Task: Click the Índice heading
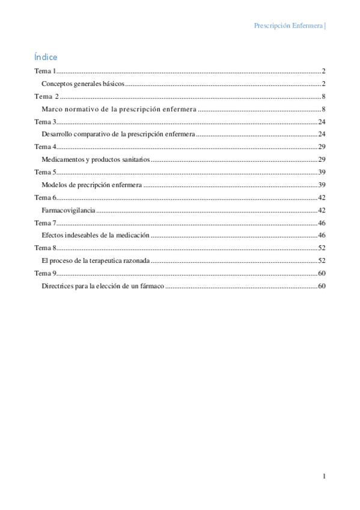click(x=46, y=57)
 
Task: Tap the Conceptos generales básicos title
click(x=82, y=84)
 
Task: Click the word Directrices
click(x=58, y=286)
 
